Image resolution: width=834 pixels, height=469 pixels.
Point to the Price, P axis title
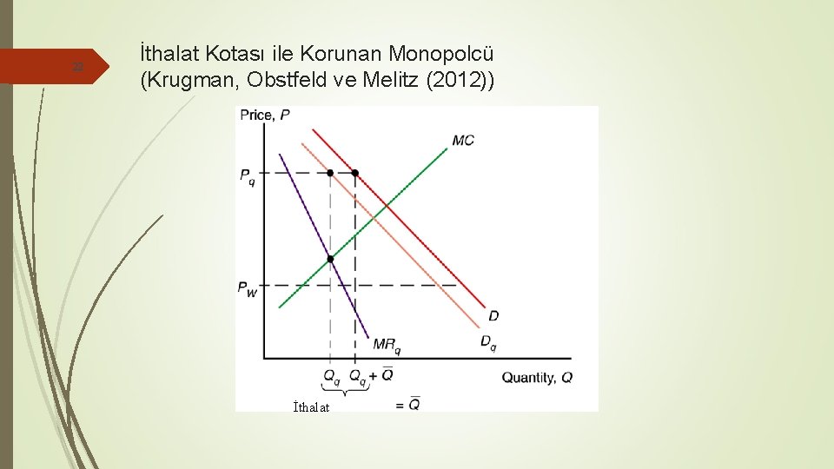[x=265, y=115]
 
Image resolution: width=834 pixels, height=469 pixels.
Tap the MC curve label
[x=463, y=140]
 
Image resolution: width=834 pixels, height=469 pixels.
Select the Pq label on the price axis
[x=248, y=175]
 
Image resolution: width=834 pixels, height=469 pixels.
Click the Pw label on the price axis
[x=248, y=288]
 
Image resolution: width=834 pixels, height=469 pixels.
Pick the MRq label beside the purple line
[x=387, y=345]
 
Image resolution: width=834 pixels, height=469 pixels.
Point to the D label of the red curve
[x=493, y=314]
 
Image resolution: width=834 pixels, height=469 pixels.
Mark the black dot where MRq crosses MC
[x=330, y=259]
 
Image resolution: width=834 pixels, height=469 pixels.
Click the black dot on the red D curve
[x=354, y=173]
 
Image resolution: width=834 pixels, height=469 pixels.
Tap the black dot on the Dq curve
[x=330, y=173]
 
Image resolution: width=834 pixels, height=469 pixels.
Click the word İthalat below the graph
[x=311, y=406]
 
